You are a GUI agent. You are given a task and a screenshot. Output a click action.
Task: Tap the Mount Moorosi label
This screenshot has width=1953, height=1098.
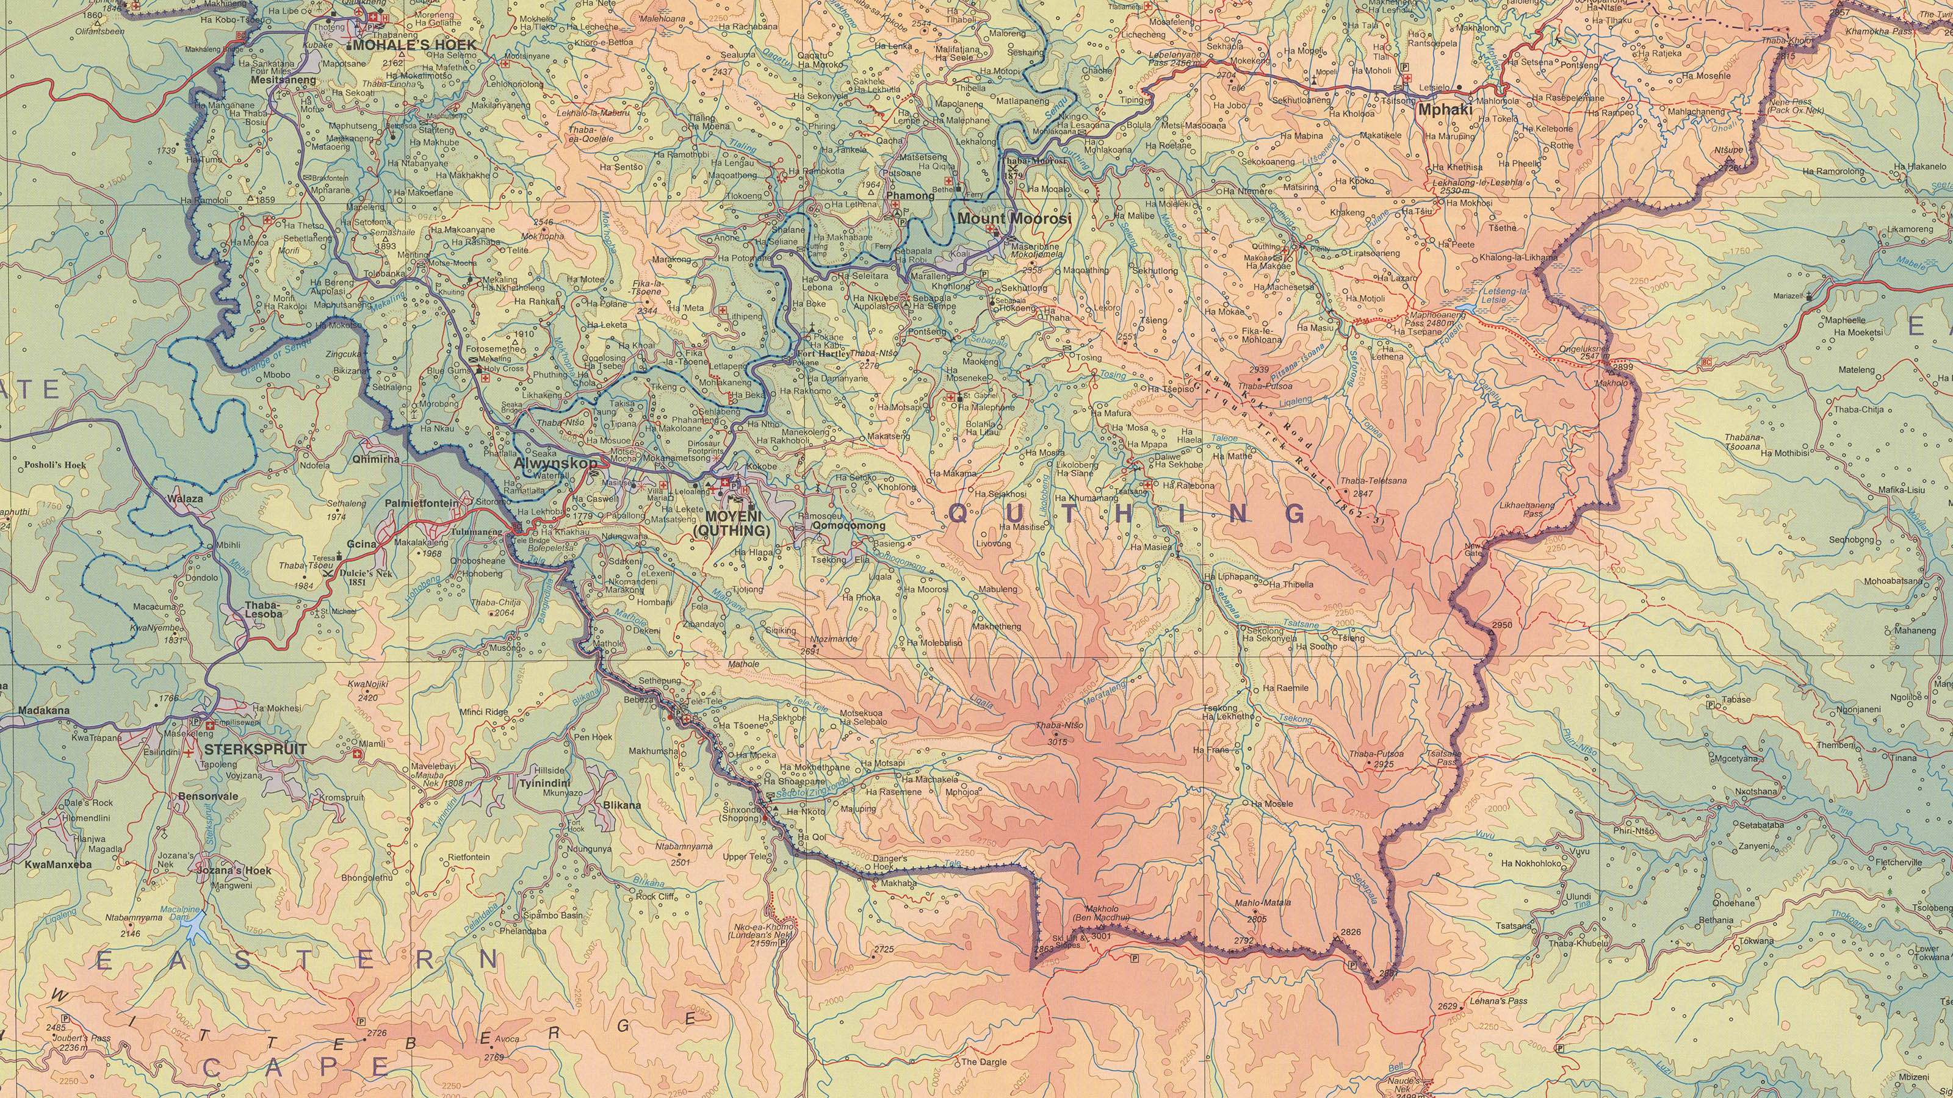[x=1014, y=219]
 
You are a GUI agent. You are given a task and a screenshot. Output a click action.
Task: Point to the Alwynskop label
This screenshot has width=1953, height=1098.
[x=555, y=462]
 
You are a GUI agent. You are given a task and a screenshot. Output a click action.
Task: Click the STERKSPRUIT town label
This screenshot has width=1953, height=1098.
[x=256, y=750]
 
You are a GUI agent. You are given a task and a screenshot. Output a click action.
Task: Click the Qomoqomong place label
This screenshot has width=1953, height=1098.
[x=848, y=525]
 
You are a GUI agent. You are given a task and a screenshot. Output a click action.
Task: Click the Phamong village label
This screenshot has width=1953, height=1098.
[x=910, y=195]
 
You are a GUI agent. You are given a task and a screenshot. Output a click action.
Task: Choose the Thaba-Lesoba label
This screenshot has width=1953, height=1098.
[x=262, y=609]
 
